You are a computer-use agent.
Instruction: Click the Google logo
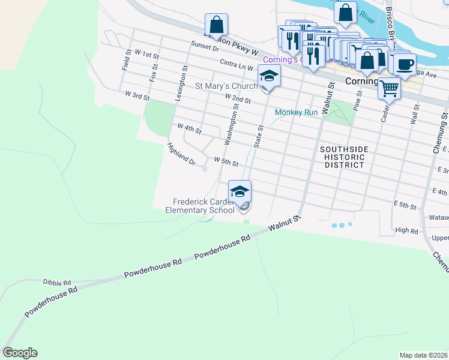coord(20,353)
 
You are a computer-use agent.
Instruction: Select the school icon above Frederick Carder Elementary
coord(240,191)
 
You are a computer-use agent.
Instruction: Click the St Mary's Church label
coord(226,86)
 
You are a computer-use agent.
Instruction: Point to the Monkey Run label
coord(296,112)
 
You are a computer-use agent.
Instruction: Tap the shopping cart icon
coord(389,88)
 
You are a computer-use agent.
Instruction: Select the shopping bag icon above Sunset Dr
coord(216,25)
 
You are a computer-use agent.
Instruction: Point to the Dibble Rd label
coord(57,281)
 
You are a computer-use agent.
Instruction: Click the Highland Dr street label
coord(181,154)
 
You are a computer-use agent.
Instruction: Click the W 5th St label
coord(226,162)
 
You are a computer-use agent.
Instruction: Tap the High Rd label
coord(406,230)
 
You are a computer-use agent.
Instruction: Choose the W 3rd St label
coord(137,95)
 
